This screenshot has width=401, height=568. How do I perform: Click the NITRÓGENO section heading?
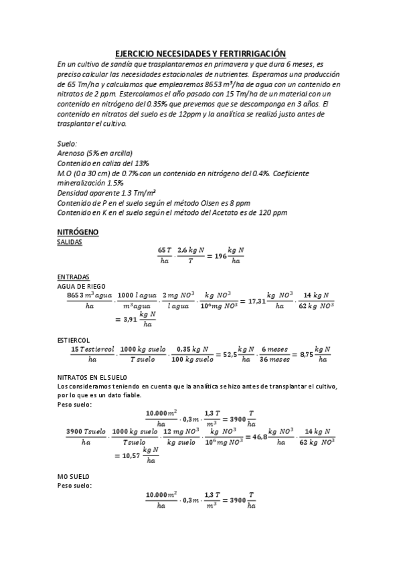78,232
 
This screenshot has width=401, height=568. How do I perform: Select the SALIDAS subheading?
70,242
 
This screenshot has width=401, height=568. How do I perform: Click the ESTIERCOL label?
74,340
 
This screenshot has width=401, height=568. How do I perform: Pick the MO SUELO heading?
73,476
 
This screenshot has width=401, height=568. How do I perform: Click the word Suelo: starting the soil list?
68,144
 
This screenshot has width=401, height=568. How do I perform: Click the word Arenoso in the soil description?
72,153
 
